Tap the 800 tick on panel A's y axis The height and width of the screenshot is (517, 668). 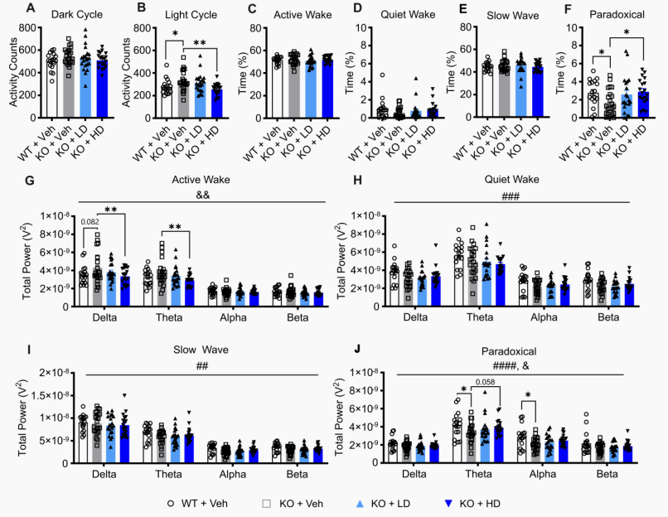pyautogui.click(x=33, y=28)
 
